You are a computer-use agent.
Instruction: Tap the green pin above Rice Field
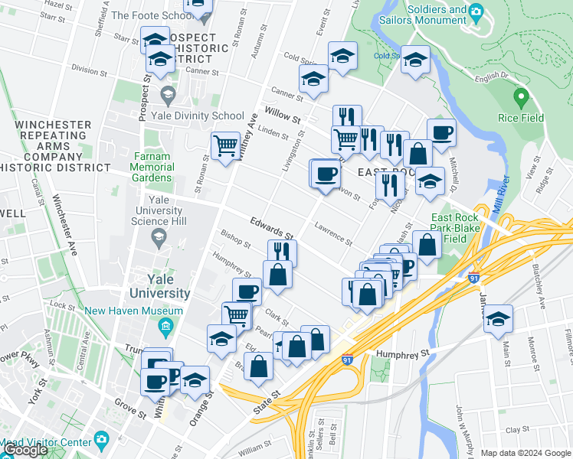tap(521, 98)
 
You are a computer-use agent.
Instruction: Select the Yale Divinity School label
tap(206, 116)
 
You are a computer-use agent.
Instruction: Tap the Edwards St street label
tap(272, 226)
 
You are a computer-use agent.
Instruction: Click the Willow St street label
tap(282, 116)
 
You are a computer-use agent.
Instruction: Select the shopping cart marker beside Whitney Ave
tap(225, 145)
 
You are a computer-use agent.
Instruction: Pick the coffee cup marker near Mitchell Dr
tap(441, 132)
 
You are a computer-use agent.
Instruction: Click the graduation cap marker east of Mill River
tap(498, 318)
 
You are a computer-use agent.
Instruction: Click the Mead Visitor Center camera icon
tap(101, 440)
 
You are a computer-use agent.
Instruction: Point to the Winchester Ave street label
tap(65, 226)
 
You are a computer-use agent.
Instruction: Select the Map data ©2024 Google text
tap(525, 453)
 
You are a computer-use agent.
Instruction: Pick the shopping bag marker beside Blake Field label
tap(427, 245)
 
